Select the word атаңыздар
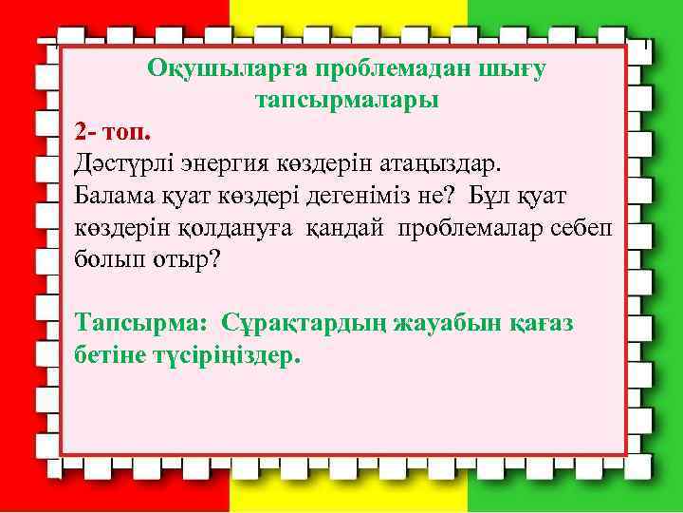[x=433, y=162]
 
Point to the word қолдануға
[x=222, y=227]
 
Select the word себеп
[x=581, y=227]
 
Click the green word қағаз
[x=540, y=322]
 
